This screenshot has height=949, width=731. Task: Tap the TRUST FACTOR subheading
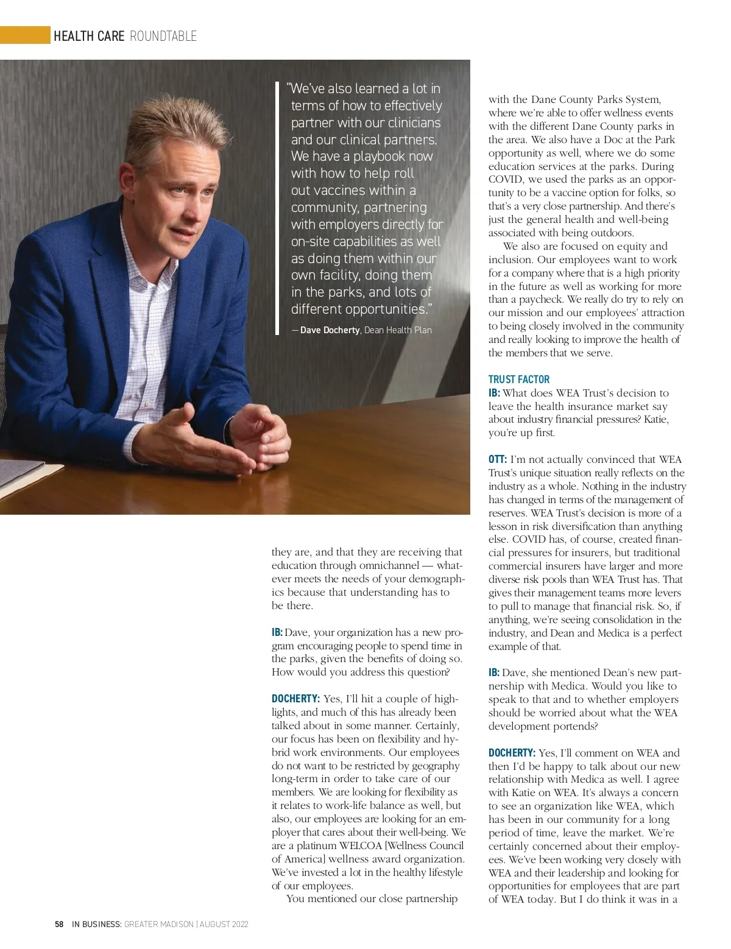(x=518, y=379)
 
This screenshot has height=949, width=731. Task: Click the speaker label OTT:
(x=498, y=459)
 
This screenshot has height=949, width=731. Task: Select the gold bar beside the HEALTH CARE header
(x=24, y=36)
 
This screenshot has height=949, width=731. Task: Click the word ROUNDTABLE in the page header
(x=163, y=37)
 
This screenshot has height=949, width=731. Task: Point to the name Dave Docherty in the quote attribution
(x=330, y=330)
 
